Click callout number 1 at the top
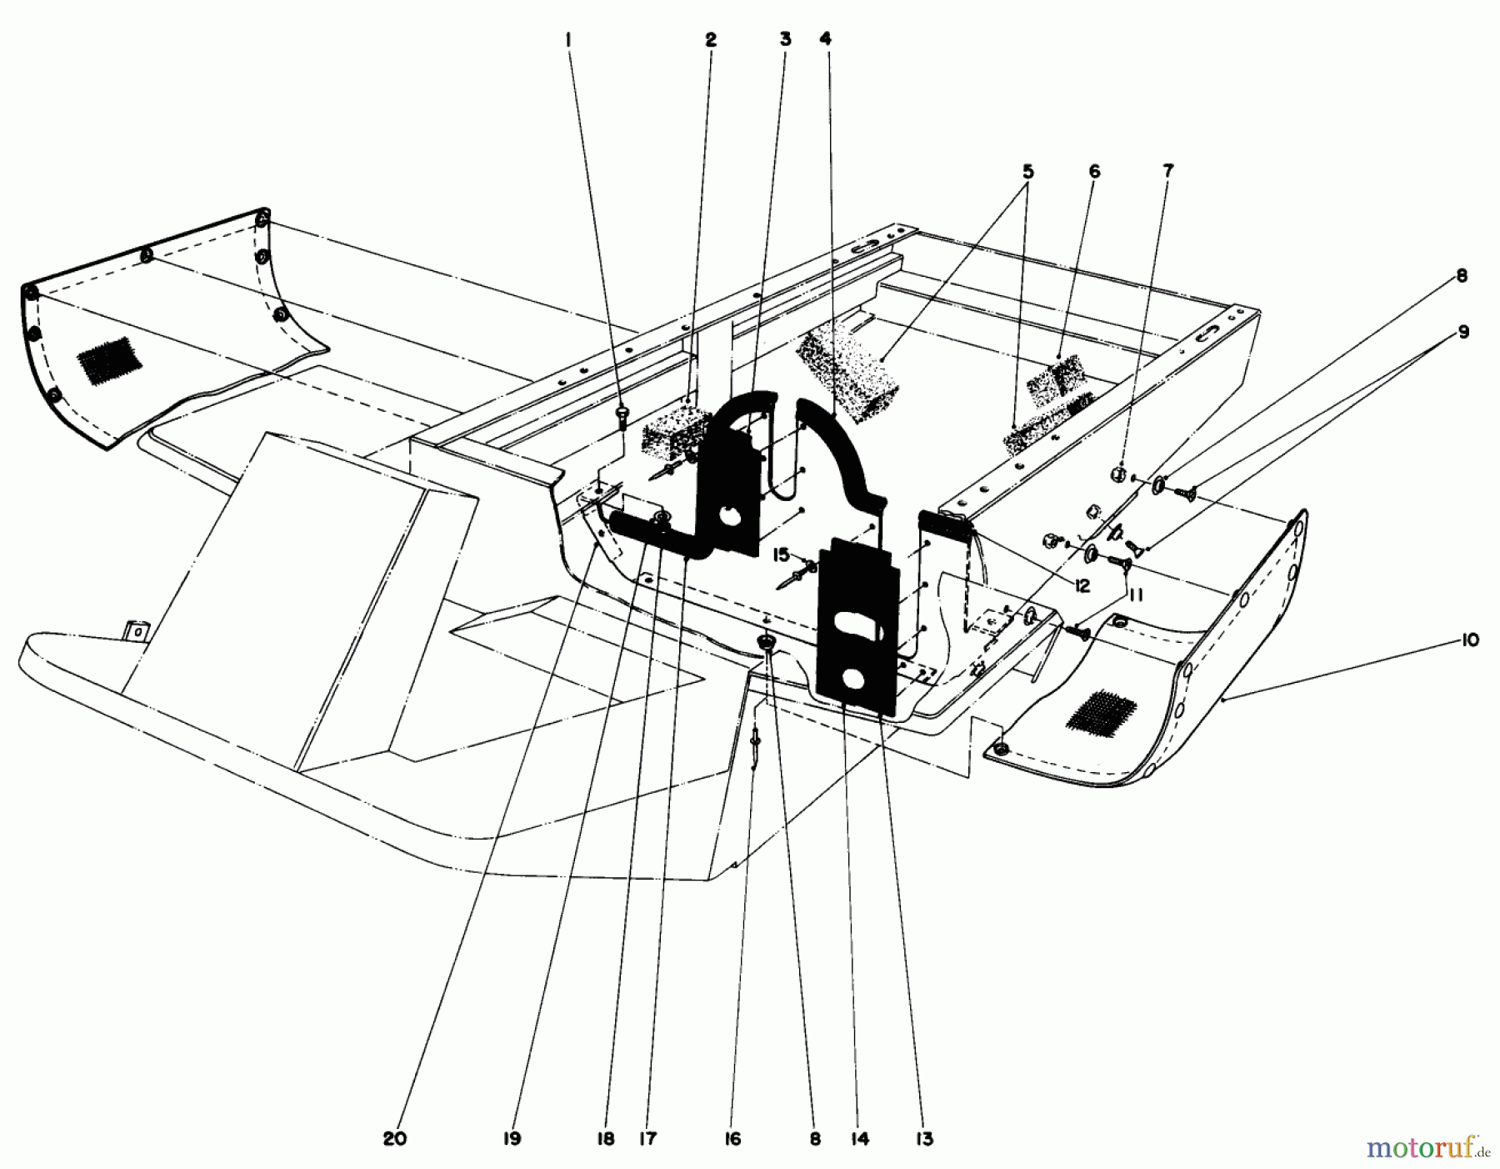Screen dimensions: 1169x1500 pyautogui.click(x=569, y=38)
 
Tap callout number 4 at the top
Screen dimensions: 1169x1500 pyautogui.click(x=824, y=38)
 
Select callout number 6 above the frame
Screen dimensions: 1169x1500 pyautogui.click(x=1094, y=172)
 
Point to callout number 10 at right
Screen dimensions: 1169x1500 pyautogui.click(x=1469, y=640)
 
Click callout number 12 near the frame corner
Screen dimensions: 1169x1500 pyautogui.click(x=1081, y=586)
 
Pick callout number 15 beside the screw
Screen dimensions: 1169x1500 pyautogui.click(x=781, y=554)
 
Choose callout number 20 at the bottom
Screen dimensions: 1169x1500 pyautogui.click(x=395, y=1139)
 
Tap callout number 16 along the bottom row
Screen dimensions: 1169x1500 pyautogui.click(x=732, y=1139)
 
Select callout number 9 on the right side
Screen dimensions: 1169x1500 pyautogui.click(x=1462, y=333)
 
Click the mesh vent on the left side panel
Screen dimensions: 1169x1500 pyautogui.click(x=106, y=359)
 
